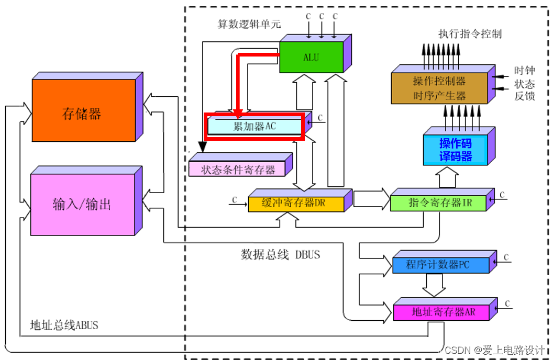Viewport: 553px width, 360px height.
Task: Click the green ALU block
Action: click(312, 57)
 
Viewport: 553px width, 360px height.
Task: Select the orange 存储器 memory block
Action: click(84, 110)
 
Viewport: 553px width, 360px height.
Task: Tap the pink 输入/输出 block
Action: click(83, 204)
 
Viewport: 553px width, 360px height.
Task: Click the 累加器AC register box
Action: click(255, 126)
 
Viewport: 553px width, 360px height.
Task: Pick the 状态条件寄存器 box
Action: click(237, 168)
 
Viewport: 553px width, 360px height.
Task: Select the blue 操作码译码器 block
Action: click(455, 150)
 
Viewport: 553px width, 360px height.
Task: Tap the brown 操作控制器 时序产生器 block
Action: click(439, 88)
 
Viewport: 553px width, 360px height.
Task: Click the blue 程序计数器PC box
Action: click(441, 265)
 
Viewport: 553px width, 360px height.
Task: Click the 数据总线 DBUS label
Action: click(280, 254)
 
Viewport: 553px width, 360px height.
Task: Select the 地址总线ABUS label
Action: click(64, 325)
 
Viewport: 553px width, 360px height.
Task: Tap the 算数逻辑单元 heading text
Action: click(249, 24)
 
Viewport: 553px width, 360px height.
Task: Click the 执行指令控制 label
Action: click(470, 34)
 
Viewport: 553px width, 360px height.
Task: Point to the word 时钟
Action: click(524, 70)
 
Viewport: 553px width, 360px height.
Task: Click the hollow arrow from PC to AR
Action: click(434, 285)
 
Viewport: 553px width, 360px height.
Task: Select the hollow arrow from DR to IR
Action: click(371, 199)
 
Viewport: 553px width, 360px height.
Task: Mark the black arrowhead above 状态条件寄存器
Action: click(203, 147)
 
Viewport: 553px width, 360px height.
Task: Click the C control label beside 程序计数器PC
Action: click(506, 257)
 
